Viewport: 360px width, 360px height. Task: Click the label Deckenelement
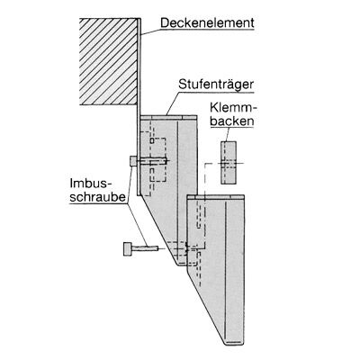click(x=207, y=23)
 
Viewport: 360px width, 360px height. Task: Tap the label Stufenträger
click(x=216, y=85)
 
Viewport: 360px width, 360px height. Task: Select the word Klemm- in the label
click(x=232, y=108)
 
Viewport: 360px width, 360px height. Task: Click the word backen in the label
click(x=231, y=121)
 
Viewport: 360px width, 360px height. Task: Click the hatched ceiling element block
click(x=108, y=61)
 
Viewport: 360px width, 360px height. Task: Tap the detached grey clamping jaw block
click(x=229, y=162)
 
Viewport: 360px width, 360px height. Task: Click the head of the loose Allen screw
click(x=127, y=249)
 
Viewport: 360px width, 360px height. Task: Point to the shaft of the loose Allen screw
click(x=145, y=248)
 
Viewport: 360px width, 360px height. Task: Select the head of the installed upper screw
click(x=133, y=161)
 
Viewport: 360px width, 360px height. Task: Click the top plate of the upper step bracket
click(x=168, y=117)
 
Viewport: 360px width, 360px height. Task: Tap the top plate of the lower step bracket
click(x=216, y=196)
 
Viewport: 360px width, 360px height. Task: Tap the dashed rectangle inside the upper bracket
click(x=157, y=159)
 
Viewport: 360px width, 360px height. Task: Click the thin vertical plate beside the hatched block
click(x=139, y=107)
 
